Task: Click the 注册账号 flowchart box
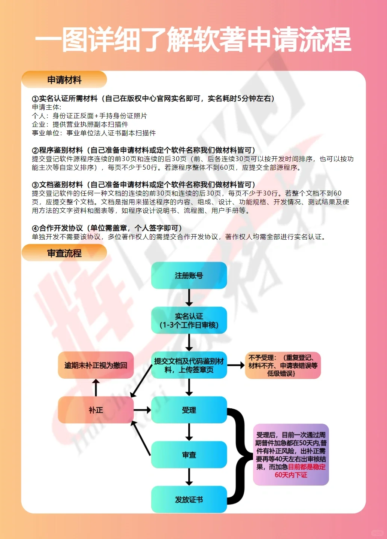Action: tap(189, 276)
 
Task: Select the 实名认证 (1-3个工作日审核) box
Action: tap(189, 320)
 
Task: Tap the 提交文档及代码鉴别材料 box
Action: tap(189, 365)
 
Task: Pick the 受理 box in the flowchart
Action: tap(189, 410)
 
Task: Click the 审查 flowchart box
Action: tap(189, 455)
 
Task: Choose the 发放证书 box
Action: tap(189, 499)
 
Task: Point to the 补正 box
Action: tap(96, 410)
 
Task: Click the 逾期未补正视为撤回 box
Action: tap(96, 365)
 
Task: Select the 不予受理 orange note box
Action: tap(283, 365)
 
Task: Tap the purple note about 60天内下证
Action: tap(291, 455)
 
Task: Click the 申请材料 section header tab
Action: tap(64, 80)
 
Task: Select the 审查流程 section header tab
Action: tap(64, 253)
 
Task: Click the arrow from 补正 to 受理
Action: tap(142, 410)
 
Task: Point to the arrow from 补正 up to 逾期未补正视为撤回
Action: tap(96, 388)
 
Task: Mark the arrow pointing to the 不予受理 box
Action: tap(236, 365)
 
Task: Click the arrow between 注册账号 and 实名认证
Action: tap(189, 298)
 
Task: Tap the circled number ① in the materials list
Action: tap(35, 99)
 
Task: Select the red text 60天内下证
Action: tap(291, 475)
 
